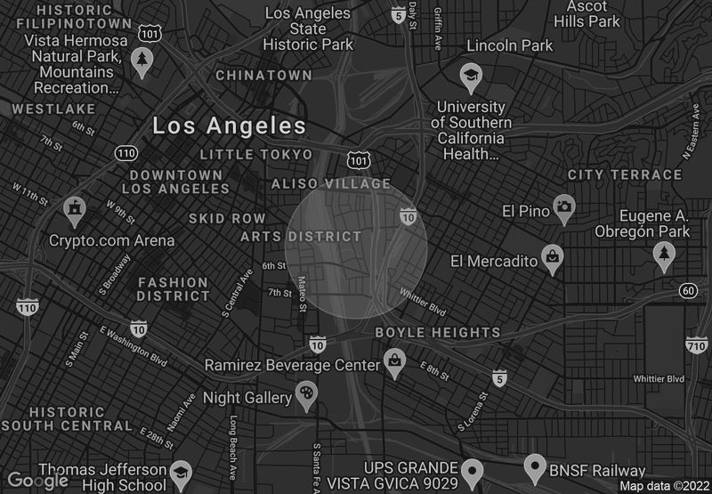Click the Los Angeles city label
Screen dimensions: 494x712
229,126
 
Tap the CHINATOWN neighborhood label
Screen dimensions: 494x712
264,76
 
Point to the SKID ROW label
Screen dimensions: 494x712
227,218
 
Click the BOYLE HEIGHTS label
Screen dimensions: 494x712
438,332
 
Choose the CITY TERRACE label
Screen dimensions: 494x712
625,174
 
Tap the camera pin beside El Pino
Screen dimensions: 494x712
563,208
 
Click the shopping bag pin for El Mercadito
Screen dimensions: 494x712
554,259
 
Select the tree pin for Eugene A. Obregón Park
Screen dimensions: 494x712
663,255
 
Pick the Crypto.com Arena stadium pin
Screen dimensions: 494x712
75,210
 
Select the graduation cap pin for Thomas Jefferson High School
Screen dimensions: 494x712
181,473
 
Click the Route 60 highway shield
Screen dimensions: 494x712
687,291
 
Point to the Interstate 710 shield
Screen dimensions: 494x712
697,344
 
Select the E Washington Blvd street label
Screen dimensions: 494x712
133,345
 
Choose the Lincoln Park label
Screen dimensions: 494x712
510,45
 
